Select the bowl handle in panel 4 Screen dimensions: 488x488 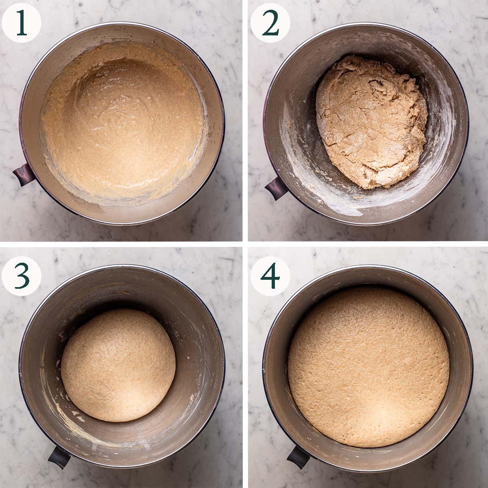click(298, 456)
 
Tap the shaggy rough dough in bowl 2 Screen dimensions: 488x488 click(372, 122)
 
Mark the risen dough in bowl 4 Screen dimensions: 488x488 click(368, 366)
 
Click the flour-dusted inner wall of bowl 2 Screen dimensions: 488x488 click(297, 134)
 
